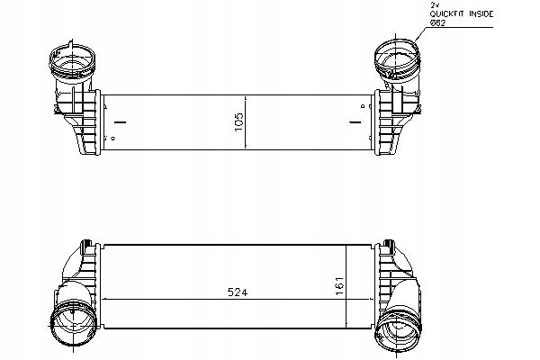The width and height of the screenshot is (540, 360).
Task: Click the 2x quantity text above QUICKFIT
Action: pos(434,5)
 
